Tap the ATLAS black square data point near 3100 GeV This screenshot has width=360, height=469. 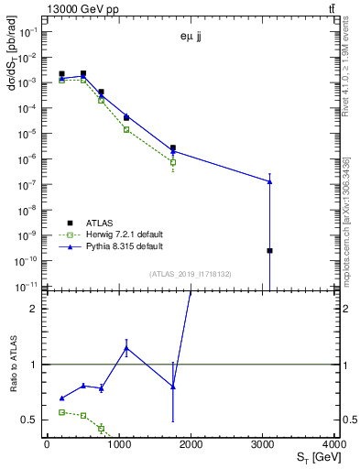click(x=269, y=250)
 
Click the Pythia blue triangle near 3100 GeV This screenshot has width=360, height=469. click(x=269, y=181)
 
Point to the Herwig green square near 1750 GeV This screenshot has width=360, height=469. click(x=172, y=162)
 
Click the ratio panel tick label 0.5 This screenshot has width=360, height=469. click(x=30, y=420)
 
